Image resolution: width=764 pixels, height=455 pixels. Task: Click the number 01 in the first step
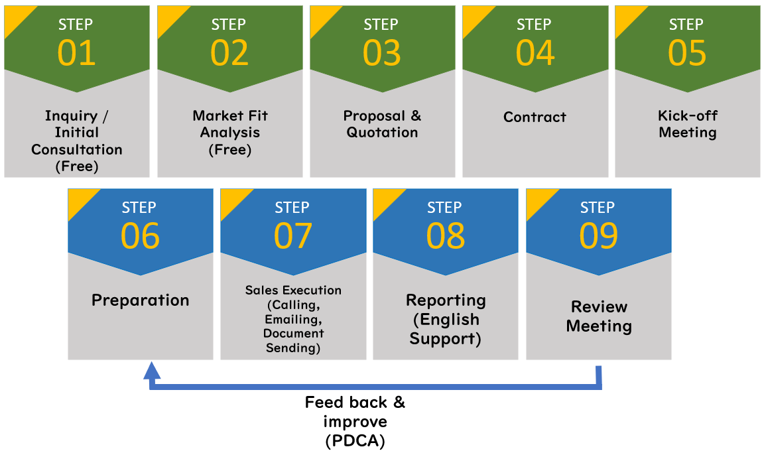tap(76, 52)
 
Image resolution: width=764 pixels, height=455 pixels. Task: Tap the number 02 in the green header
tap(229, 52)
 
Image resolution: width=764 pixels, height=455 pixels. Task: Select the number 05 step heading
tap(687, 52)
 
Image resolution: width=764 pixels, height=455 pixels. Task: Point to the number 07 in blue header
tap(293, 235)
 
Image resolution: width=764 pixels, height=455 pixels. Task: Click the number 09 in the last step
tap(598, 235)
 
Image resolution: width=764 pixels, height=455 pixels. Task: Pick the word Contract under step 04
tap(535, 117)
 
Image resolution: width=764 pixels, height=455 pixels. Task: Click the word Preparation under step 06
tap(141, 300)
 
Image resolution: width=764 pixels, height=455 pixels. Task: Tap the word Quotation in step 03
tap(382, 133)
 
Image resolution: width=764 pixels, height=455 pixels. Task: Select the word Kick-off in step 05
tap(688, 115)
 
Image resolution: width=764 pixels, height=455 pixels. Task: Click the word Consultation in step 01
tap(77, 149)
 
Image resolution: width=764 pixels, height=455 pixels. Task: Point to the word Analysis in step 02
tap(230, 133)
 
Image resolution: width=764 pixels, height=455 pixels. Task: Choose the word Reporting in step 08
tap(446, 300)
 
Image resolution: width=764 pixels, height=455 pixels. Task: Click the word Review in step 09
tap(599, 307)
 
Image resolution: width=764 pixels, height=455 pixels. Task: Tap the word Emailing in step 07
tap(293, 320)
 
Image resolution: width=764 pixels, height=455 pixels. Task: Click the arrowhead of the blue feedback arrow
tap(152, 370)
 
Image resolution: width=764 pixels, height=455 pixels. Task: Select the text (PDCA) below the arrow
tap(355, 441)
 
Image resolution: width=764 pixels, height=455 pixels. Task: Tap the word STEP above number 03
tap(381, 25)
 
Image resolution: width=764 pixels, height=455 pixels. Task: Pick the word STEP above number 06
tap(139, 208)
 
